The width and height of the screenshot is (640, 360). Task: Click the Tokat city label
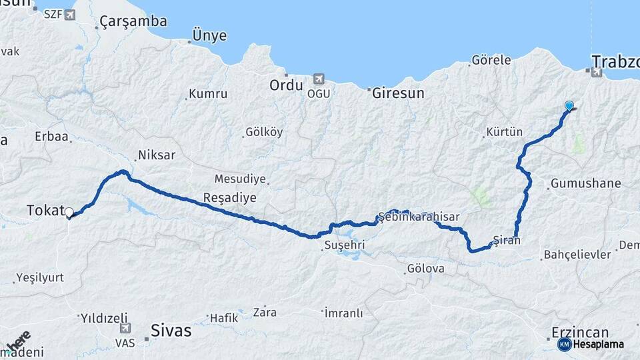(44, 209)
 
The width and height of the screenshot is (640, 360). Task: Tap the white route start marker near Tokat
(69, 213)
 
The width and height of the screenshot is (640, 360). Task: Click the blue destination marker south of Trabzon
(569, 105)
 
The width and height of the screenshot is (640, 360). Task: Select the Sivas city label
(171, 330)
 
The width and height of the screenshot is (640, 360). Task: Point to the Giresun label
(398, 93)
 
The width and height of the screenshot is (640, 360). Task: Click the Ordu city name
(286, 85)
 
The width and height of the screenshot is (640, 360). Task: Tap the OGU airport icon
(318, 79)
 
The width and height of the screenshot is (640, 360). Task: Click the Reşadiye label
(229, 198)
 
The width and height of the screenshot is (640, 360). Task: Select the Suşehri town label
(345, 245)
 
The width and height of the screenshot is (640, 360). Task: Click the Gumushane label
(586, 183)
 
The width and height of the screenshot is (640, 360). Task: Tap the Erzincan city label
(581, 332)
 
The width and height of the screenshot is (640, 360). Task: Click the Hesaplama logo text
(599, 345)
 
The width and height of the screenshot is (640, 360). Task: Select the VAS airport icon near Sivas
(125, 328)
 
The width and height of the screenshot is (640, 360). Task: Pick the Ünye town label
(209, 36)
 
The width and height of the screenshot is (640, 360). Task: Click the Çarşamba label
(133, 22)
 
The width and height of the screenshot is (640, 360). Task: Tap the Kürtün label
(505, 132)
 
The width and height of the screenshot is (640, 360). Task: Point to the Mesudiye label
(240, 179)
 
